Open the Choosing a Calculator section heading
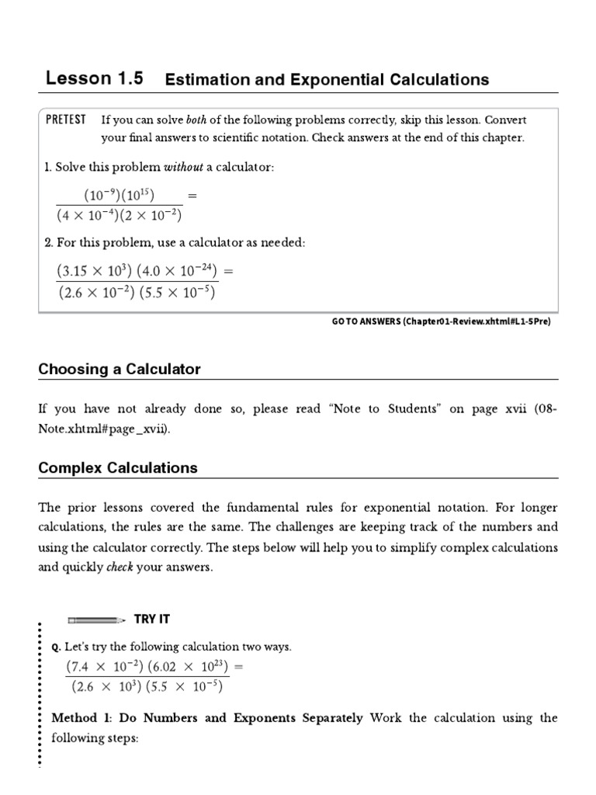(120, 370)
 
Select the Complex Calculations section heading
(118, 468)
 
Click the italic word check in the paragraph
(117, 567)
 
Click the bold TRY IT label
(152, 619)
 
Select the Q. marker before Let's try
(56, 647)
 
